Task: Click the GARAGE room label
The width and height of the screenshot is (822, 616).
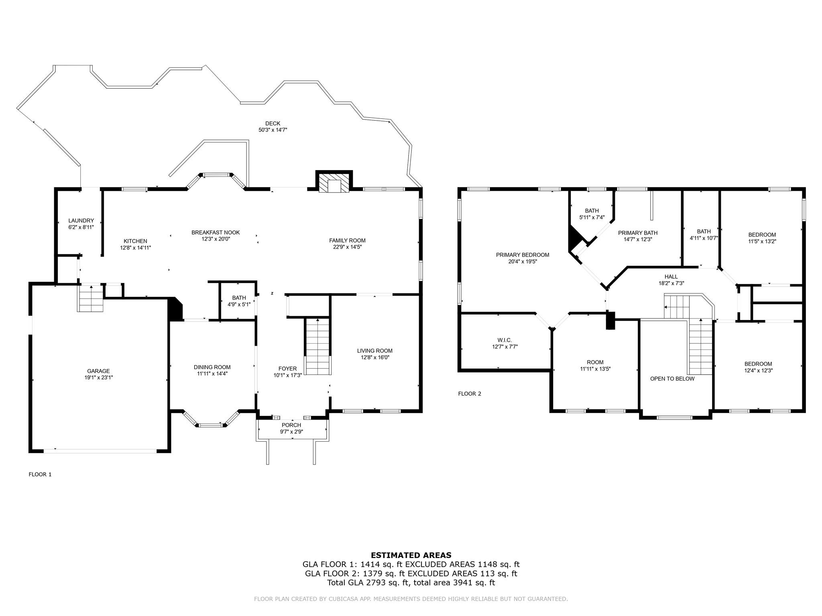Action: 98,371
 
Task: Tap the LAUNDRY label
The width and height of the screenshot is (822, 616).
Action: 81,221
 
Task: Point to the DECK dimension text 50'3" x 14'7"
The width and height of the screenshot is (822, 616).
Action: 273,130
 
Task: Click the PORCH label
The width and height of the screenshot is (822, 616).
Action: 291,425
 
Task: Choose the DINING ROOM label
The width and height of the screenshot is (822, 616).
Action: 212,367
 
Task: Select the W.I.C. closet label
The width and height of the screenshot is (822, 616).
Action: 505,340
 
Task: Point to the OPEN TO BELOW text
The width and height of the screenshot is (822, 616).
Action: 672,379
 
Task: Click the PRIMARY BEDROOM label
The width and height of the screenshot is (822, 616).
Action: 523,255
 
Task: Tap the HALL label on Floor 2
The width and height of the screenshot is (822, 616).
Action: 671,277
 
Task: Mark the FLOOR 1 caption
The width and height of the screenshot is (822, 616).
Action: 40,474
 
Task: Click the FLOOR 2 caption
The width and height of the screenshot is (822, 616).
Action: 470,394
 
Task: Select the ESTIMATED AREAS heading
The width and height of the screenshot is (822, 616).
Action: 411,555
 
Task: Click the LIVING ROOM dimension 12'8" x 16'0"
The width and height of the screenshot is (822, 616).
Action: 375,357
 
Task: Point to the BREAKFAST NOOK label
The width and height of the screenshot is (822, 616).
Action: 216,232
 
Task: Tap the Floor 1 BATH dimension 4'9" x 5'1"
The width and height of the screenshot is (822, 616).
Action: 239,304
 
